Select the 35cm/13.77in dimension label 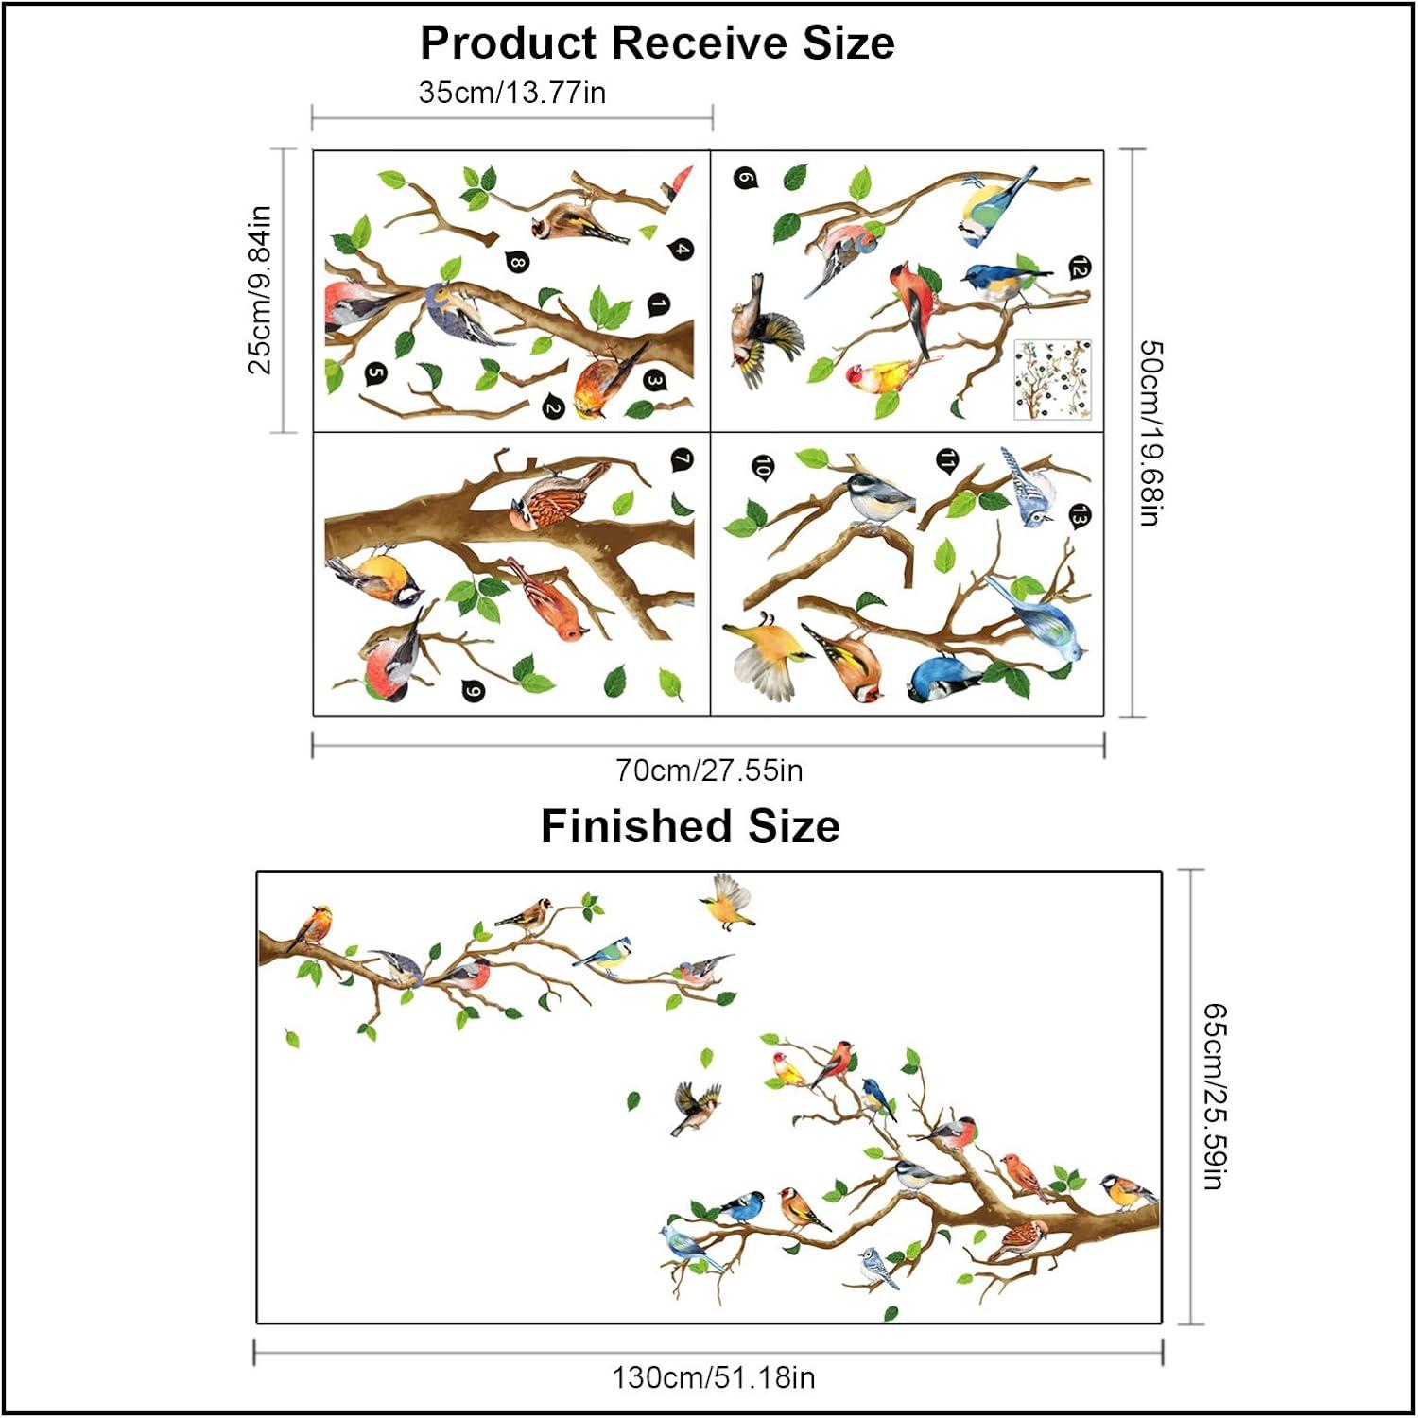click(x=512, y=93)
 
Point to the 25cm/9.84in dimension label click(x=259, y=290)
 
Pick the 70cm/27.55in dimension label click(x=709, y=770)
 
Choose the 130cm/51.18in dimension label click(x=713, y=1377)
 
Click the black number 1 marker click(x=657, y=305)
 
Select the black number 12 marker click(x=1079, y=268)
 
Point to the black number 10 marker click(x=762, y=466)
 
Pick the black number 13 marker click(x=1079, y=515)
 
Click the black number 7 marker click(x=682, y=460)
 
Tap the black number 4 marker click(x=682, y=250)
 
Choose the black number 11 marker click(x=946, y=460)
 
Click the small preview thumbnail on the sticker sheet click(x=1052, y=380)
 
